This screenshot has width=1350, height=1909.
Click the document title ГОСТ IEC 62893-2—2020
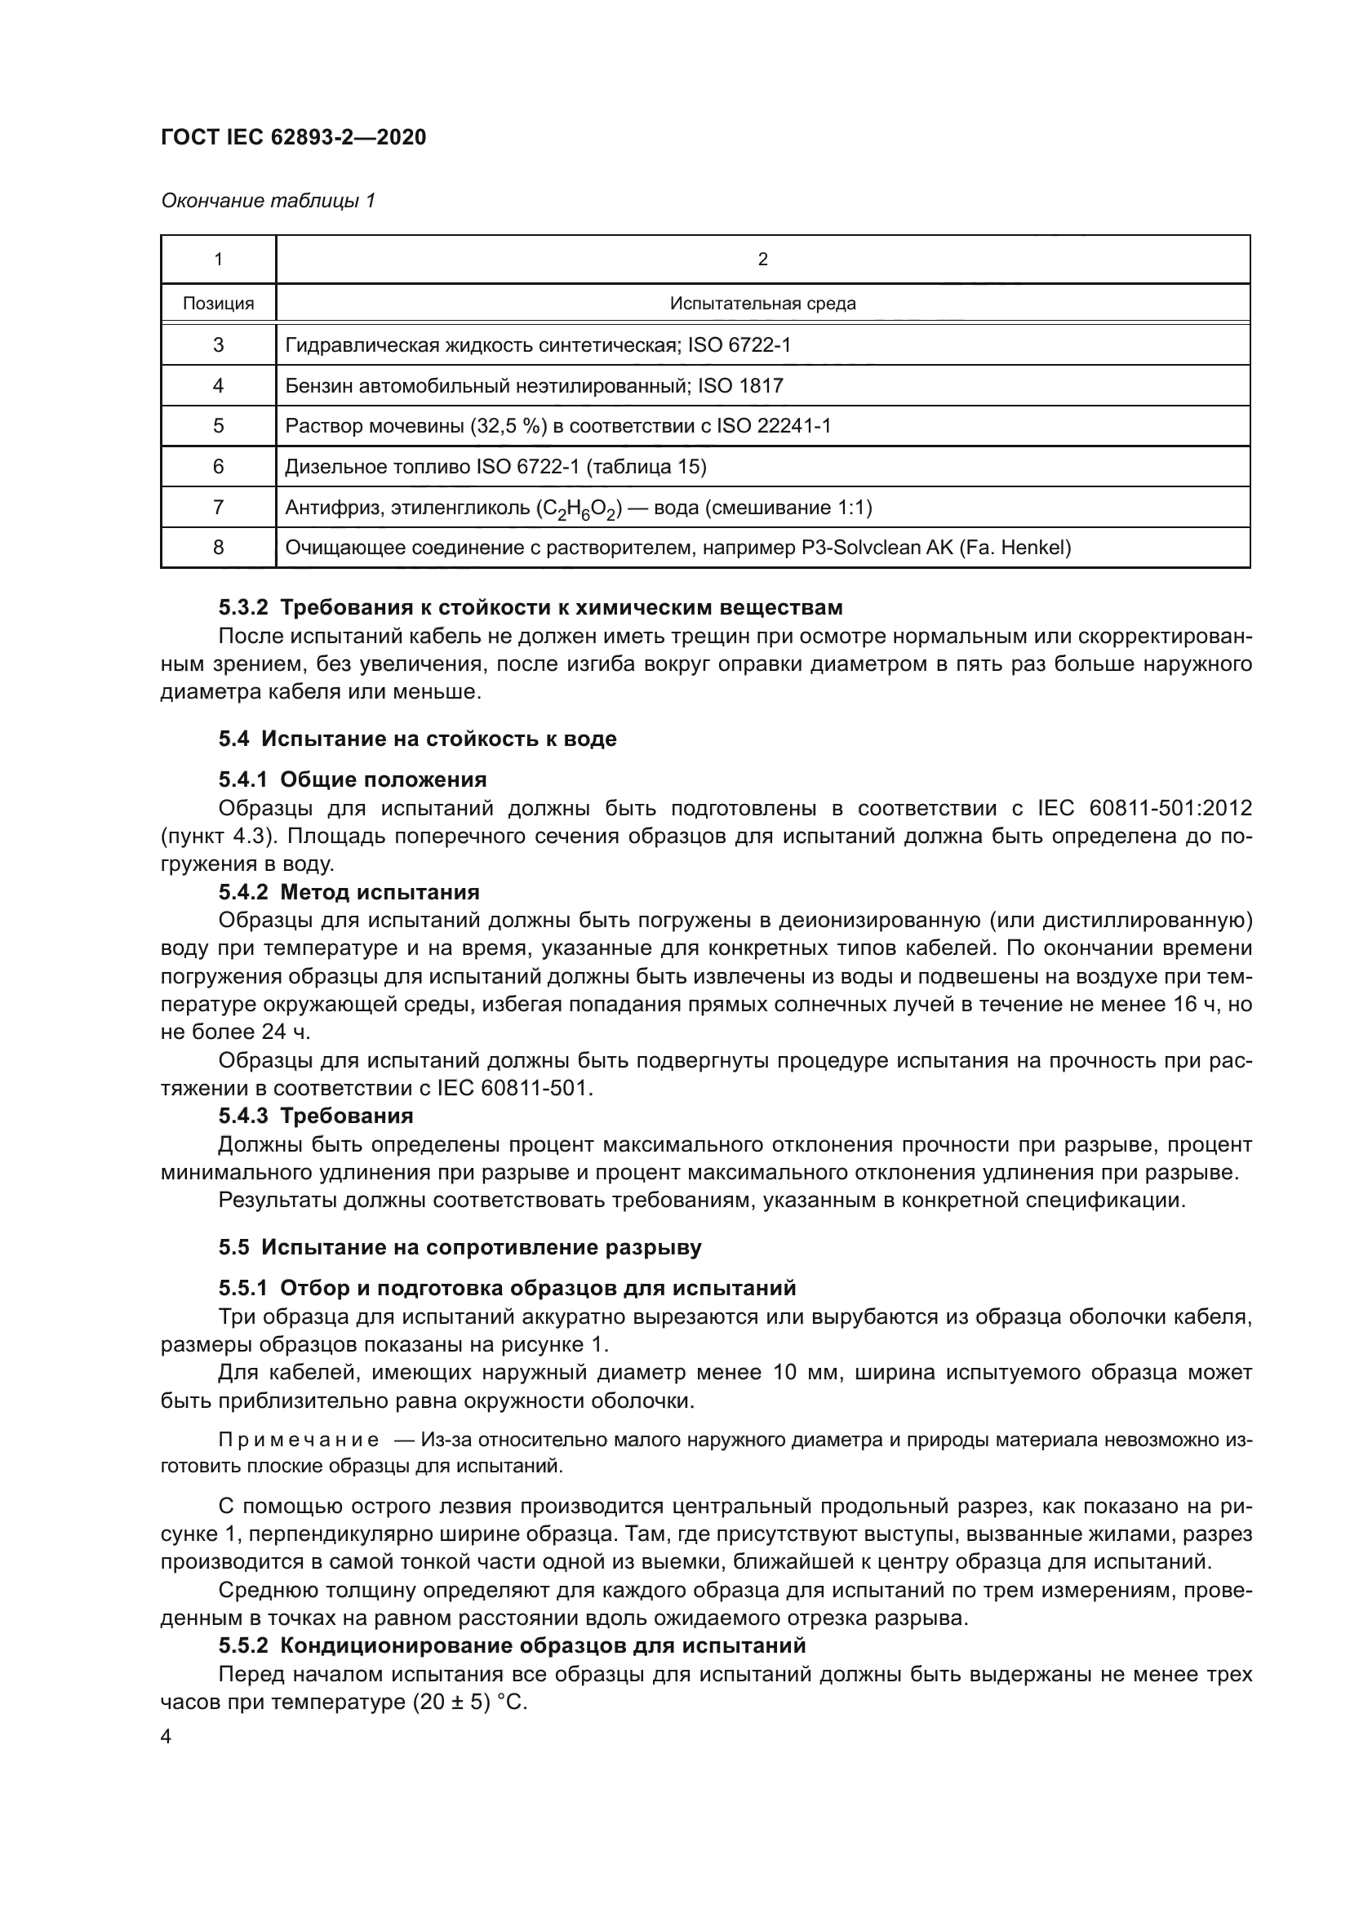[x=293, y=137]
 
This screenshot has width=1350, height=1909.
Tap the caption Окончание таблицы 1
[x=268, y=201]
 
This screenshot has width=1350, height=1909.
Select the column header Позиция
[x=218, y=304]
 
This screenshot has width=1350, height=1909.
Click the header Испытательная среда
[x=762, y=304]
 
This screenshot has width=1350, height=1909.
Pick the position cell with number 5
[x=218, y=426]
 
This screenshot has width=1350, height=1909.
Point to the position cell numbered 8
[x=218, y=547]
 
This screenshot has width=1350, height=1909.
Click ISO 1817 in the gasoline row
[x=739, y=386]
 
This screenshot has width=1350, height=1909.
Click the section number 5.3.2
[x=242, y=608]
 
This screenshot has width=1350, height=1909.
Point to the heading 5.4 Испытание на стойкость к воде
[x=417, y=739]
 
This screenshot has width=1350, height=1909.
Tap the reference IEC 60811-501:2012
[x=1144, y=808]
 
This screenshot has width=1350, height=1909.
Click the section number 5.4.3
[x=242, y=1116]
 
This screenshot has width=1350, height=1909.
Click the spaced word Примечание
[x=299, y=1440]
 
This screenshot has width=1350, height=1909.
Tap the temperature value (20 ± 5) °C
[x=469, y=1702]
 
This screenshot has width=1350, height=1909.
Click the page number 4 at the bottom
[x=166, y=1737]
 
